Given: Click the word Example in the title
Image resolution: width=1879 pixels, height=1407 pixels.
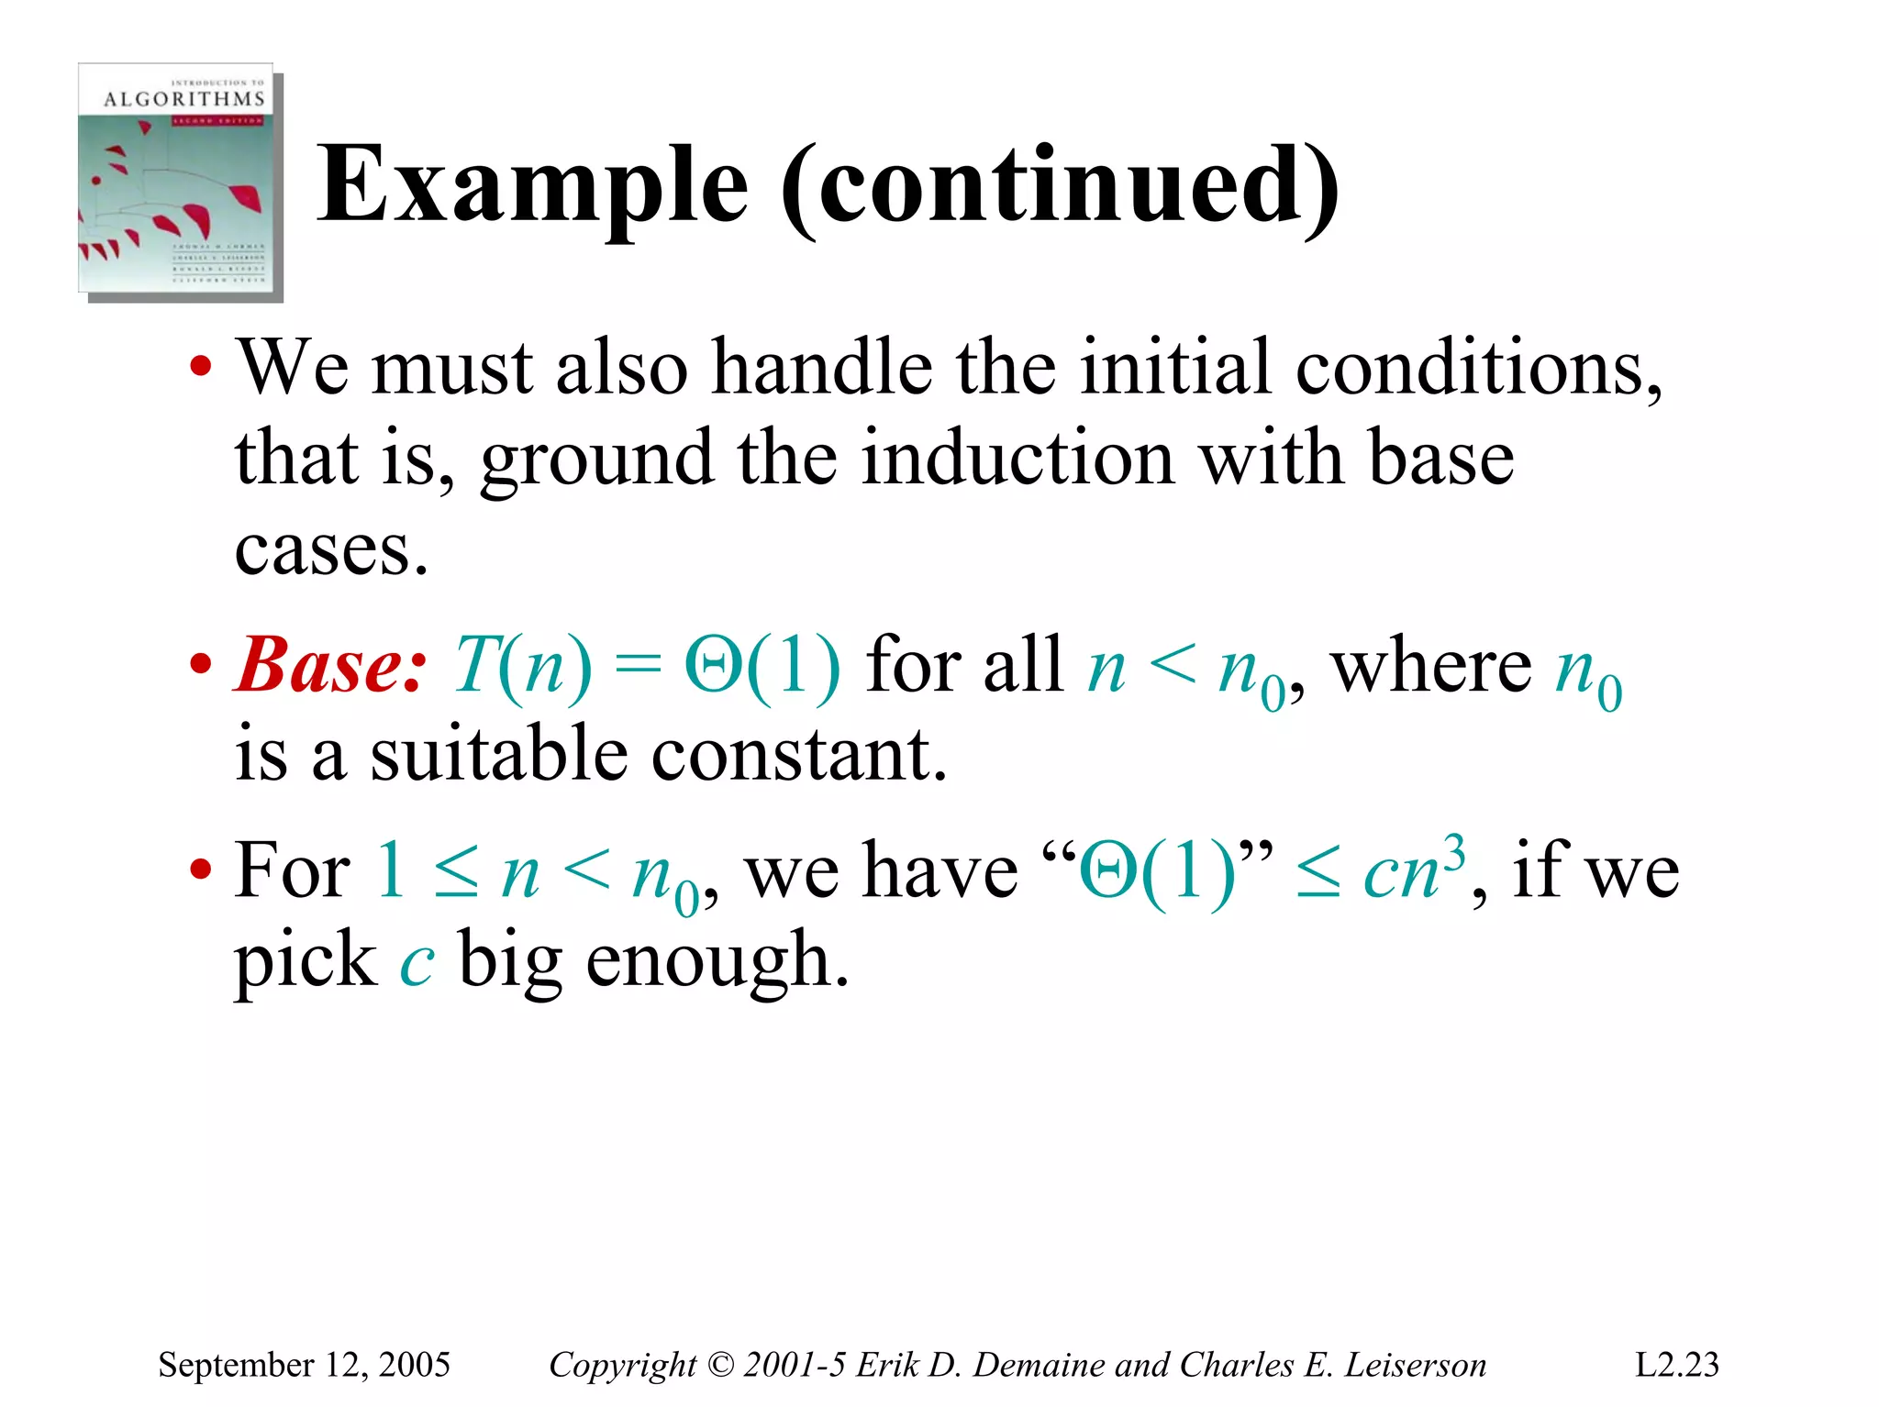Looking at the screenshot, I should click(532, 186).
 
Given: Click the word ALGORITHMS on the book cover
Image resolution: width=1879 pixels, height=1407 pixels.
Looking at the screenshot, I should click(183, 99).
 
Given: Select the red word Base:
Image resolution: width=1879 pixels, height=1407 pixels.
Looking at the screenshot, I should click(330, 664).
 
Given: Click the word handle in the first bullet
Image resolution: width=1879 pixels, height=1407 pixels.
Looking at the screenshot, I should click(822, 367).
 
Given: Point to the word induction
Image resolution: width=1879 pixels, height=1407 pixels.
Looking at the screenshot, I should click(1017, 458).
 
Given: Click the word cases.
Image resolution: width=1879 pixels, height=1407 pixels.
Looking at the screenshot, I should click(330, 550).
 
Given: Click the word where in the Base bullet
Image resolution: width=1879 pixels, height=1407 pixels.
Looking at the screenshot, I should click(1430, 664).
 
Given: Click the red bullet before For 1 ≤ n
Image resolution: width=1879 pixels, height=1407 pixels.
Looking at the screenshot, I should click(201, 870).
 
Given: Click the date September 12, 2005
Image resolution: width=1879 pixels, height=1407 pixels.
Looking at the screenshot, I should click(304, 1365).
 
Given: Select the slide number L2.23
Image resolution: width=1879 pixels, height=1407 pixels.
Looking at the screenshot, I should click(1676, 1365).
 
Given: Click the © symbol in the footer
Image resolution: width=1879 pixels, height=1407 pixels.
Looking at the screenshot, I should click(722, 1365).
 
